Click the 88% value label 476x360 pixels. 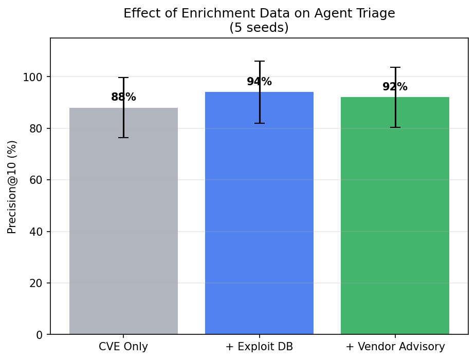click(x=123, y=97)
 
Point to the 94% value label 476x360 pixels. click(x=259, y=82)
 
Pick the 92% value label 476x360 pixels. click(x=395, y=87)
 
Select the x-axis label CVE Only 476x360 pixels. click(x=123, y=347)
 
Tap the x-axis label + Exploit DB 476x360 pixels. click(x=259, y=347)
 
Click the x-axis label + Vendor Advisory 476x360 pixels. click(x=395, y=347)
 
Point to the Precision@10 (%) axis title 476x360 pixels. click(x=12, y=186)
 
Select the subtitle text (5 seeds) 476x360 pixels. click(x=259, y=28)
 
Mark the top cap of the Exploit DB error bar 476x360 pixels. click(x=259, y=61)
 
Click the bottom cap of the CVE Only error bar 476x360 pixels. click(x=123, y=138)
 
